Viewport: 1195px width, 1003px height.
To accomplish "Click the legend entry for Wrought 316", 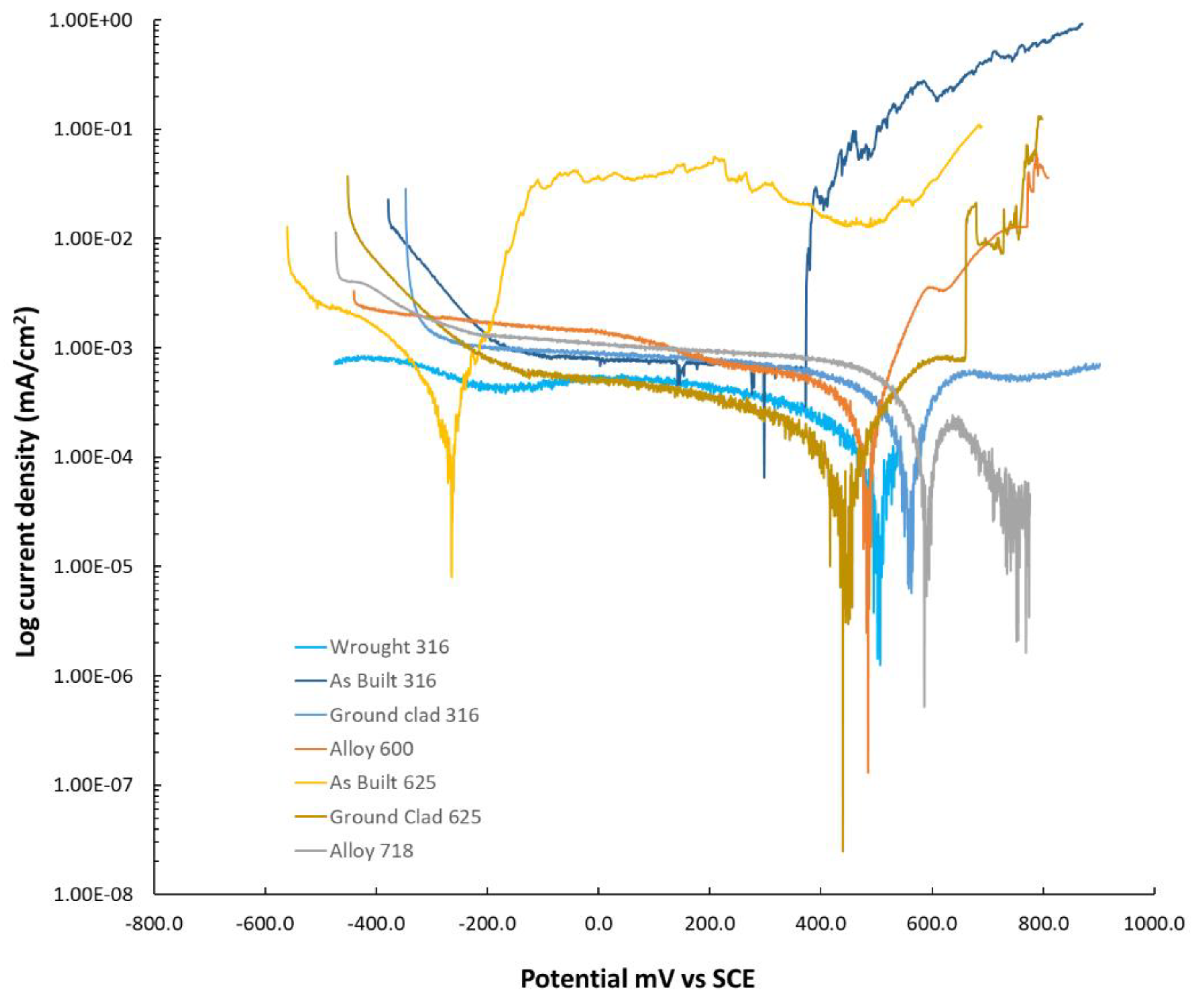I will (x=389, y=647).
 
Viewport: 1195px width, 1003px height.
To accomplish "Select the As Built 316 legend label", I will (x=382, y=680).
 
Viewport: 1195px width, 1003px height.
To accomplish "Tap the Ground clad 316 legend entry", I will (x=404, y=714).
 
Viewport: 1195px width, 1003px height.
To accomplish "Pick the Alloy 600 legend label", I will (x=371, y=748).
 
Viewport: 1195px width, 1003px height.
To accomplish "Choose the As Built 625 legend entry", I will (x=382, y=782).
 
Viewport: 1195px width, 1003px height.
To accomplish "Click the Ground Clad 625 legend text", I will (x=405, y=817).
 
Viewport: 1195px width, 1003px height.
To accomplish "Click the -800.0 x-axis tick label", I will (x=154, y=923).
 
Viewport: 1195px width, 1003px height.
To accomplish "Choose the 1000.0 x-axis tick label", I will (x=1154, y=923).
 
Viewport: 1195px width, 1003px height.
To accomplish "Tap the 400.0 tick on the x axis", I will (x=821, y=923).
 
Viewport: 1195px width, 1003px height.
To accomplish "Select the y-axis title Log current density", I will (x=27, y=482).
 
